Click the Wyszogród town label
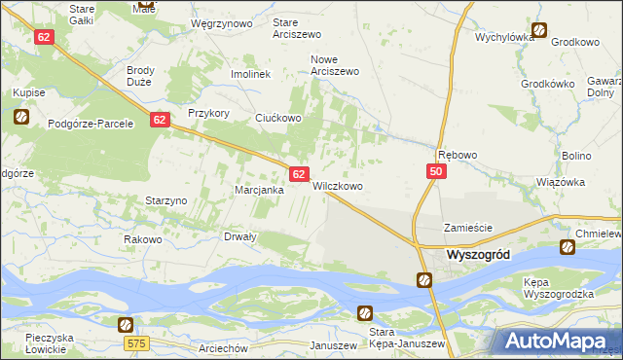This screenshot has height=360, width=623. [488, 254]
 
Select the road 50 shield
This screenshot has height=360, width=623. [435, 171]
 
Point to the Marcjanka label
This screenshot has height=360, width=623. [259, 190]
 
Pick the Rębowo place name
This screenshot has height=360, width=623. [458, 155]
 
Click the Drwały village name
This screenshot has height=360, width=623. [240, 236]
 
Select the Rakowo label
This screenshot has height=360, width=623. [142, 239]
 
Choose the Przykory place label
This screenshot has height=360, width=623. [208, 113]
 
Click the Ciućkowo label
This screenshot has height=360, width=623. [278, 118]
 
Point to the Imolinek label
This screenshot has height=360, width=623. [249, 74]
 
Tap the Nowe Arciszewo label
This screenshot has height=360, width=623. [335, 64]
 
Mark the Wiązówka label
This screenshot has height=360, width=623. [561, 182]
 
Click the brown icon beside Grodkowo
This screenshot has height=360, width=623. [539, 30]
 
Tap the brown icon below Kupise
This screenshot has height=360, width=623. [22, 118]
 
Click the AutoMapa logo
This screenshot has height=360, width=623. [559, 342]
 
